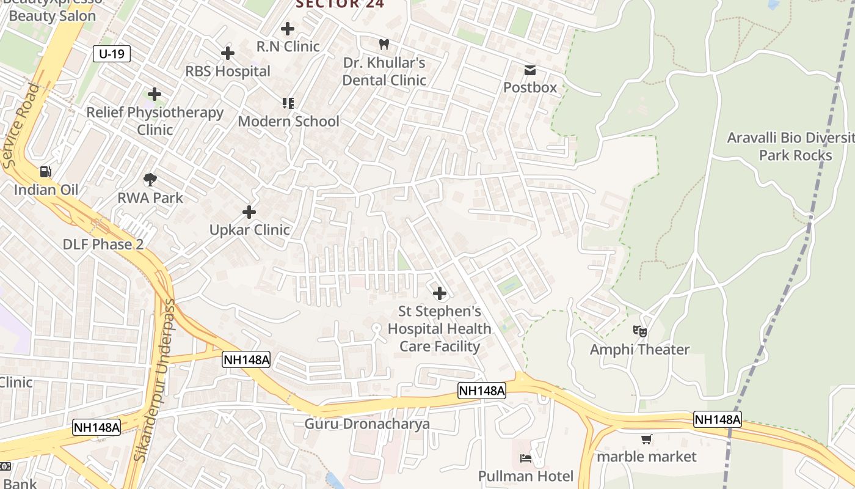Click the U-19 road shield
coord(112,54)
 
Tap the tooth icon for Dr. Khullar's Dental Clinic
coord(384,44)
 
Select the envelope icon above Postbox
coord(529,70)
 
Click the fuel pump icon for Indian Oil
coord(46,172)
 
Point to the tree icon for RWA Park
coord(150,180)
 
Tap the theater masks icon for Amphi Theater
coord(639,331)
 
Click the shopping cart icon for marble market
coord(646,439)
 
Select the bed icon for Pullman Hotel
coord(525,458)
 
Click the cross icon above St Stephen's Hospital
coord(440,293)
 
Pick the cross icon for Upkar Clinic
coord(249,212)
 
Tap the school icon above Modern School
coord(288,103)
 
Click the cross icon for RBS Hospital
coord(228,53)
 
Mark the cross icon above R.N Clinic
coord(288,28)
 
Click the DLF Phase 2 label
coord(103,244)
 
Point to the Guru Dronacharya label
coord(367,424)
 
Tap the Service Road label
coord(21,126)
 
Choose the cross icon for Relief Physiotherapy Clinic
coord(155,94)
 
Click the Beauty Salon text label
coord(53,16)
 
